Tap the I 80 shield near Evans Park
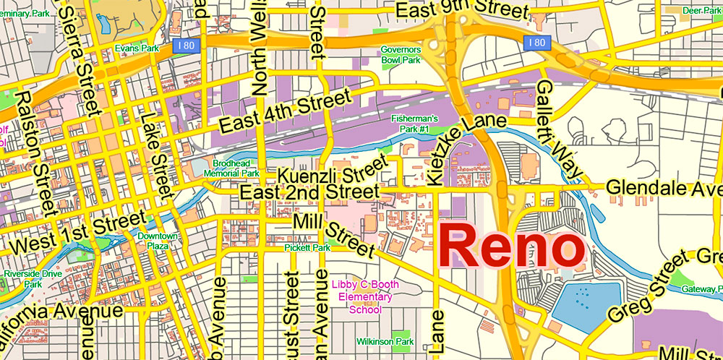tap(184, 46)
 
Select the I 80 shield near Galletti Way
tap(536, 43)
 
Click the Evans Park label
tap(136, 49)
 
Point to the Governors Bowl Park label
tap(401, 55)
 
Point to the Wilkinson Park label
tap(385, 341)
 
